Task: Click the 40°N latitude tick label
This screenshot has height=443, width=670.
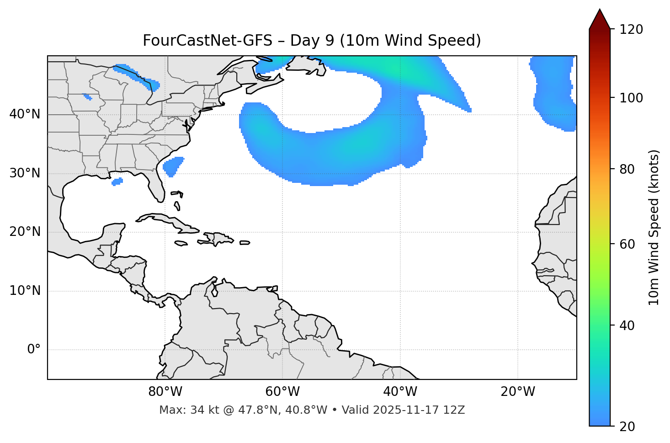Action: click(25, 114)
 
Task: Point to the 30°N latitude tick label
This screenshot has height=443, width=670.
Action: click(25, 173)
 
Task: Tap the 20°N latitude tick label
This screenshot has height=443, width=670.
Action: click(25, 232)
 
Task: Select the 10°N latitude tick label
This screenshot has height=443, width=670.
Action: click(25, 291)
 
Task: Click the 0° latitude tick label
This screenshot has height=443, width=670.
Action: click(34, 350)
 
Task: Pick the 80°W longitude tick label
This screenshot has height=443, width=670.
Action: click(165, 392)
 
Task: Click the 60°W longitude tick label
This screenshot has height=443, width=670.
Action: click(282, 392)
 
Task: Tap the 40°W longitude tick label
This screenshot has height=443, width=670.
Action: click(400, 392)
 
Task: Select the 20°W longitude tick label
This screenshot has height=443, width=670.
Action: click(517, 392)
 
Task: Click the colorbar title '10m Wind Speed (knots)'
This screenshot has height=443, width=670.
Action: click(654, 227)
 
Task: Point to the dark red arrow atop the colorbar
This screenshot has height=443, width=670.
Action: click(599, 19)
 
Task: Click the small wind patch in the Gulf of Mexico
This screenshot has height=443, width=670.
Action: click(117, 181)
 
